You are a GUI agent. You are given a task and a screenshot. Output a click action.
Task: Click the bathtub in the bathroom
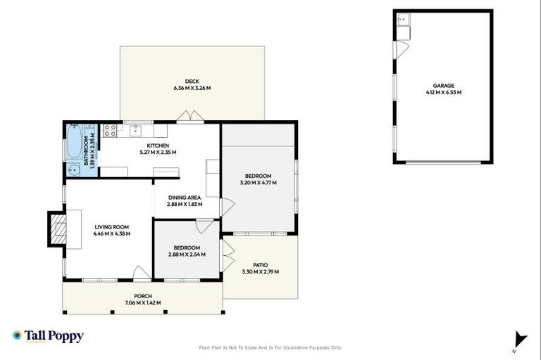[x=73, y=141]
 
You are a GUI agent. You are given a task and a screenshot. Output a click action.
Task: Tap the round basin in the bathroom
[x=73, y=169]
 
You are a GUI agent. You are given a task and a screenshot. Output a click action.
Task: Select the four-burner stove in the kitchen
[x=111, y=130]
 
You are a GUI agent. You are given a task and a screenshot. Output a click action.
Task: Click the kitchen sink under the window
[x=137, y=129]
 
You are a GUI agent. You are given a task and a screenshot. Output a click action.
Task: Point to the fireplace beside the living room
[x=56, y=229]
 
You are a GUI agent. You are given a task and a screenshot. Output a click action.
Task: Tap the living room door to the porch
[x=142, y=273]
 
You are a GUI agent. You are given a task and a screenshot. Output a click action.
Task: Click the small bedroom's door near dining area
[x=203, y=225]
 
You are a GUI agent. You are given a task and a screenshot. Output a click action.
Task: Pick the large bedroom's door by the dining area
[x=228, y=207]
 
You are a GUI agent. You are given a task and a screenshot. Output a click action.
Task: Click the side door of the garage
[x=400, y=50]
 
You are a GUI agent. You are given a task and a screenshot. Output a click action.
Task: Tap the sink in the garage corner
[x=403, y=20]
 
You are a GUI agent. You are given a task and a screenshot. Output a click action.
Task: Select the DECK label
[x=192, y=81]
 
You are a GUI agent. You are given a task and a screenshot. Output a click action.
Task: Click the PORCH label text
[x=143, y=296]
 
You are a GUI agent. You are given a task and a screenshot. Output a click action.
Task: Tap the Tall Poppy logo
[x=48, y=336]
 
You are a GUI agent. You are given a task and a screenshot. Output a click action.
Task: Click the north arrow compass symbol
[x=520, y=339]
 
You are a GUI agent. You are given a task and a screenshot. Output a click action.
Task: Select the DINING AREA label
[x=185, y=198]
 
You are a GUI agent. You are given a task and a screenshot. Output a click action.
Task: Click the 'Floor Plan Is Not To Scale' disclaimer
[x=270, y=347]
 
